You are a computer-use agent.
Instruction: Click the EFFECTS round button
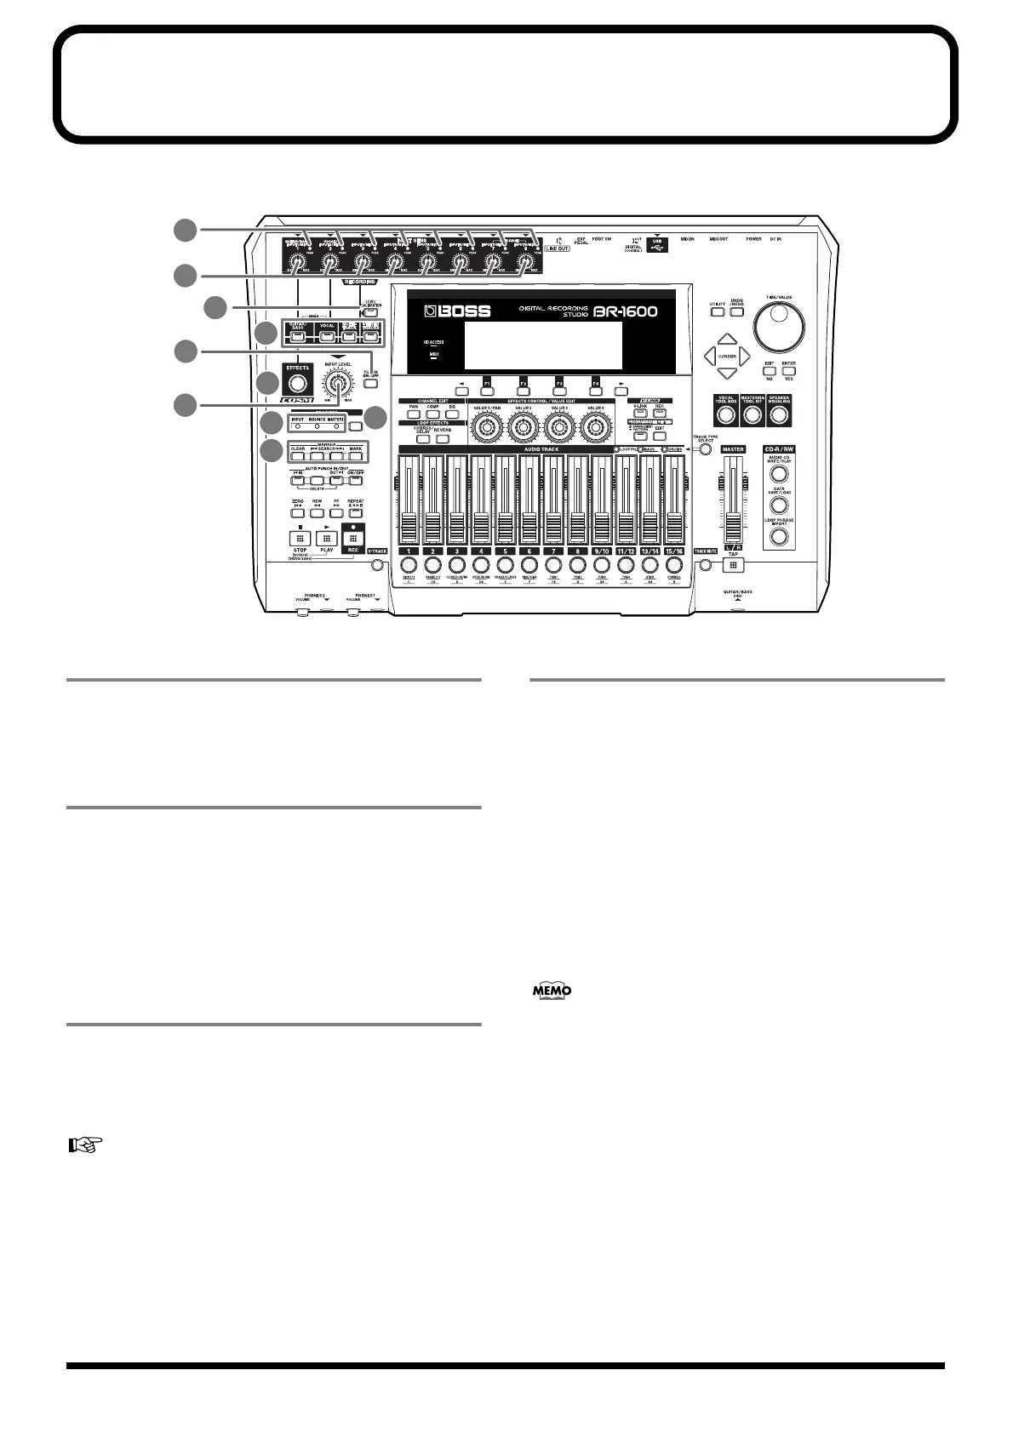(x=297, y=383)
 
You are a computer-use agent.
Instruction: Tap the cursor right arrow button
(x=744, y=356)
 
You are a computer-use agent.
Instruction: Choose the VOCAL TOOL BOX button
(x=725, y=414)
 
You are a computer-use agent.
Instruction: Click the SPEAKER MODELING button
(x=778, y=414)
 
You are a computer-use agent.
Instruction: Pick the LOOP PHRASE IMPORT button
(x=779, y=536)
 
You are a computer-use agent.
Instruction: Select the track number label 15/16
(x=673, y=551)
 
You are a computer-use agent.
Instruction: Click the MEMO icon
(x=552, y=991)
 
